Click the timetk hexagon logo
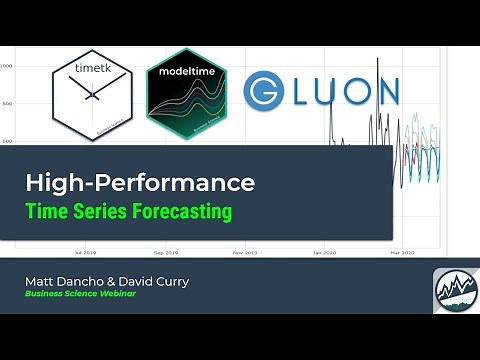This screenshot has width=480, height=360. click(91, 94)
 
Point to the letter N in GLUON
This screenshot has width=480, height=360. click(383, 93)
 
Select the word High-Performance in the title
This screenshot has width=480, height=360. click(140, 184)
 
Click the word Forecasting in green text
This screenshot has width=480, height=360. click(185, 212)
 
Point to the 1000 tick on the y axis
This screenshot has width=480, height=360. click(7, 66)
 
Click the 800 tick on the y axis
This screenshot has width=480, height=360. click(7, 104)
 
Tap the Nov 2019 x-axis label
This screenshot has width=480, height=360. click(245, 253)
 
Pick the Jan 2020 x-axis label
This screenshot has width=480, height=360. click(323, 253)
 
